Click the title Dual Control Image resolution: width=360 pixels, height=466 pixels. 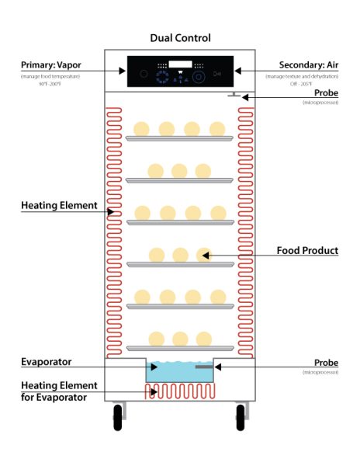pos(179,37)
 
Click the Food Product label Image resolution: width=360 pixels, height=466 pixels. pos(307,251)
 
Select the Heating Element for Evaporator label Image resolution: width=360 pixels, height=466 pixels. pos(59,391)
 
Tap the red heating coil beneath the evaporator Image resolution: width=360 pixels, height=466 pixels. pos(180,391)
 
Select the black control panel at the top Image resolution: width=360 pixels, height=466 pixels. pos(179,71)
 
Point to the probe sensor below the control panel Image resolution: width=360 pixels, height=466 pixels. pos(233,96)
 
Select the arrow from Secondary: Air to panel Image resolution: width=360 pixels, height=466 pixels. pos(256,70)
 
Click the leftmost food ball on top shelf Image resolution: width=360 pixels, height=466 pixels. pos(142,128)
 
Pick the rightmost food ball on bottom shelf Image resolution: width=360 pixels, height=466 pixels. pos(204,338)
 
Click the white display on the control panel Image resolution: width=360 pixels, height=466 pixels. pos(181,65)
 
